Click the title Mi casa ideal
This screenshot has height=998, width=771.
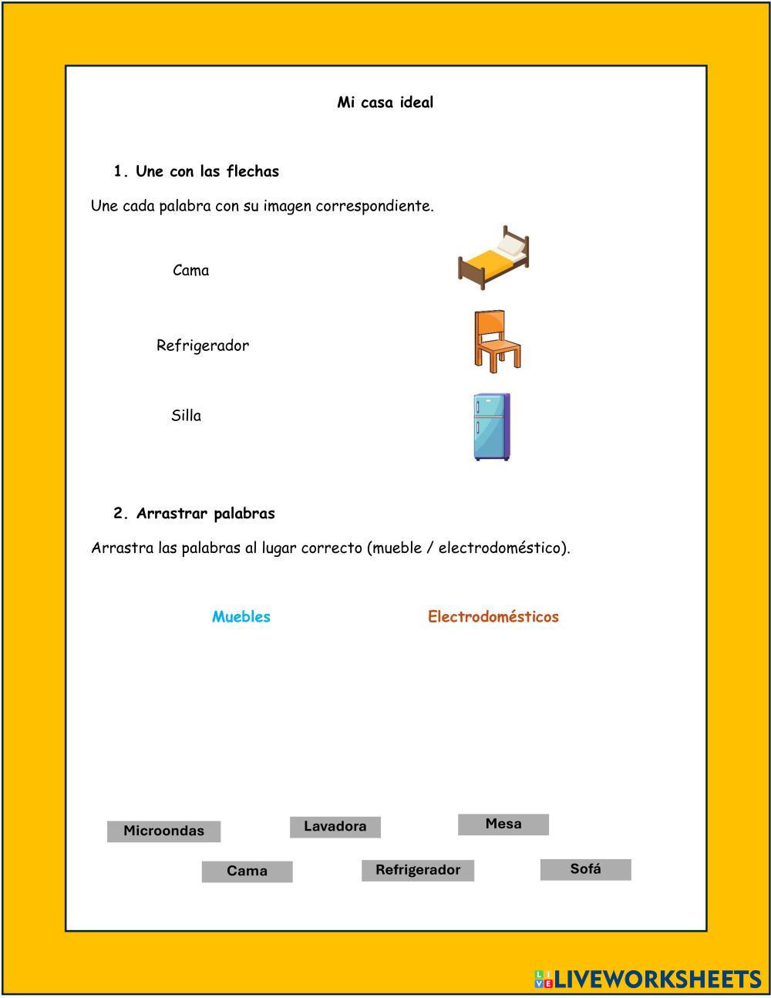click(x=385, y=103)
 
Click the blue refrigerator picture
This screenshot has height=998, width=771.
click(x=491, y=427)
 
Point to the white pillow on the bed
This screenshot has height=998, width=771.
click(x=511, y=244)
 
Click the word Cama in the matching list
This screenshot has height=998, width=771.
click(x=191, y=271)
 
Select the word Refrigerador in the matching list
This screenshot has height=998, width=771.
click(x=203, y=346)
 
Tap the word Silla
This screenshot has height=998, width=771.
click(x=186, y=416)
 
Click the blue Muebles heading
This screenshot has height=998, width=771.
click(x=241, y=617)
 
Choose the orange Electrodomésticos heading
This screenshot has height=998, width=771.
click(x=493, y=617)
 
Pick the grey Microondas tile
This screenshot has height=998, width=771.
click(x=163, y=831)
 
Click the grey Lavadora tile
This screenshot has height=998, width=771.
click(x=335, y=827)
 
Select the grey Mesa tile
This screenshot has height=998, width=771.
click(x=503, y=824)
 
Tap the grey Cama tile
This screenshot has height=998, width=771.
click(x=247, y=872)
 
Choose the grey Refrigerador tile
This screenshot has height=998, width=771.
click(x=418, y=870)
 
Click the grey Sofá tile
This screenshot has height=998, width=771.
click(x=586, y=869)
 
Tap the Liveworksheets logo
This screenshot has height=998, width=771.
click(x=648, y=979)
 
